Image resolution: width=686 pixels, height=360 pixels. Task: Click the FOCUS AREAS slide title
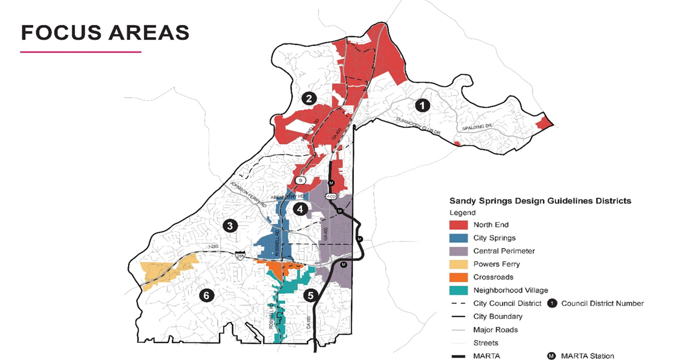click(105, 32)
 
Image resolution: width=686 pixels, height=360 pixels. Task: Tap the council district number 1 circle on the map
click(422, 105)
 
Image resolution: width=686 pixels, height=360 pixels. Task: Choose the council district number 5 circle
click(310, 295)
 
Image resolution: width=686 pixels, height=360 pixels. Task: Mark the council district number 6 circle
click(206, 295)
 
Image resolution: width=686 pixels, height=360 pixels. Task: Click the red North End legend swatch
click(458, 225)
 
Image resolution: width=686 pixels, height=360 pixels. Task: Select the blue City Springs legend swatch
click(458, 238)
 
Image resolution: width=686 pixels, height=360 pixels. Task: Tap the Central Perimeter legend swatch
click(458, 251)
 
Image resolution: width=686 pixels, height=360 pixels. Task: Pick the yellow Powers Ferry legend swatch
click(458, 264)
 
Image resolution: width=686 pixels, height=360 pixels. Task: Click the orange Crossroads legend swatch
click(458, 277)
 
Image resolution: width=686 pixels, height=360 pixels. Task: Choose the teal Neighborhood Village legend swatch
click(458, 290)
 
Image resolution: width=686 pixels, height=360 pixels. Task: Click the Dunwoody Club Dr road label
click(420, 126)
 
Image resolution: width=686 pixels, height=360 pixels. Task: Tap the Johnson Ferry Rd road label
click(248, 194)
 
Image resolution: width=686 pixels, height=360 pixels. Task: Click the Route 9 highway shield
click(301, 181)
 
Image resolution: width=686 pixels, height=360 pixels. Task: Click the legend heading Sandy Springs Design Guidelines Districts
click(540, 201)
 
